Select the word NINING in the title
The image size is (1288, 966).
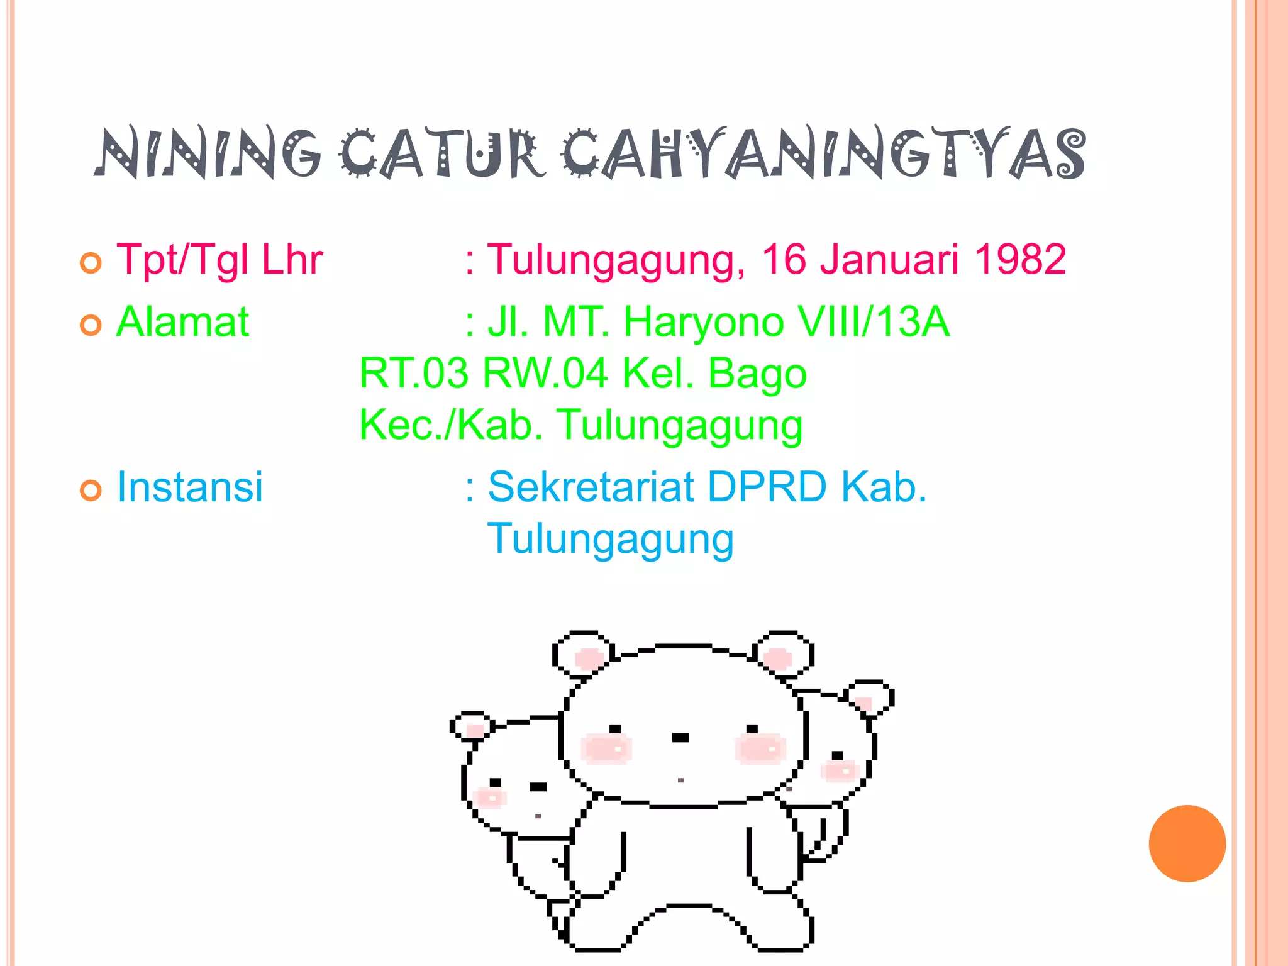click(x=208, y=154)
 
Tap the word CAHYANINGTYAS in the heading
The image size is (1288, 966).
click(x=824, y=154)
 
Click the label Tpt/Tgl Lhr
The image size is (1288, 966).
click(x=219, y=260)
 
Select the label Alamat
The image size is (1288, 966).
click(x=183, y=322)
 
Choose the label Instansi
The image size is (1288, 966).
click(x=190, y=487)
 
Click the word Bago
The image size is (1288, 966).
click(x=757, y=374)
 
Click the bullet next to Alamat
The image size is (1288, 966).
click(x=91, y=325)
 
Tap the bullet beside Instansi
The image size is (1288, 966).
click(x=91, y=490)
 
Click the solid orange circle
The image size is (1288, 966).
click(x=1187, y=843)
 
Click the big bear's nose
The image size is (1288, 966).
click(x=680, y=738)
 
